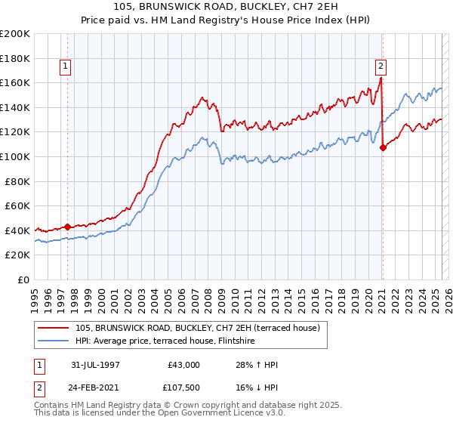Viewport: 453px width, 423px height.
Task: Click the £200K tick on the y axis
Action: (x=15, y=34)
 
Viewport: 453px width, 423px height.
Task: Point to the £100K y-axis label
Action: (x=15, y=156)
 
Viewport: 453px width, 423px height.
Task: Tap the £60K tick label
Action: (x=17, y=205)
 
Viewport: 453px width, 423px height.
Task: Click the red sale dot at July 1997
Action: (x=68, y=226)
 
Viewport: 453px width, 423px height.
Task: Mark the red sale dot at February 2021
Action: (x=383, y=147)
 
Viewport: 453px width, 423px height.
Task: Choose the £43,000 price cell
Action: (x=183, y=365)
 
